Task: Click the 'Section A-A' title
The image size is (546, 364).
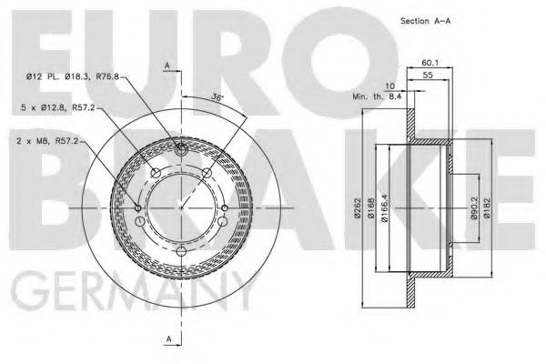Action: click(426, 20)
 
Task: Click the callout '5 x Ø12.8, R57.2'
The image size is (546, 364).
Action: click(53, 109)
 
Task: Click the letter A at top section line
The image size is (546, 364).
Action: click(168, 65)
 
